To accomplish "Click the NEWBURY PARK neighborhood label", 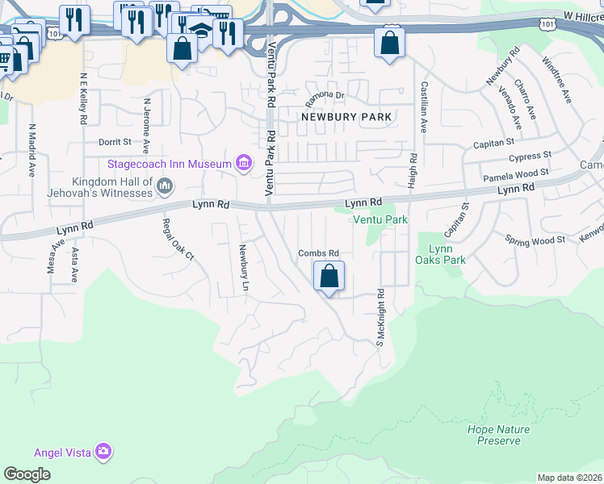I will coord(346,117).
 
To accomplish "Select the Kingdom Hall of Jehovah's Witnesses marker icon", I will coord(165,187).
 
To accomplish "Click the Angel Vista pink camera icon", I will coord(103,451).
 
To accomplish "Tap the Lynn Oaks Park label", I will coord(441,254).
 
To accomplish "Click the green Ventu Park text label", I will coord(379,219).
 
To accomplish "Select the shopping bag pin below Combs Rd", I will coord(329,277).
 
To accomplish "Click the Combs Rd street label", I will coord(318,252).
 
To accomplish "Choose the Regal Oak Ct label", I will coord(168,240).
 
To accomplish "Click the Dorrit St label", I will coord(114,141).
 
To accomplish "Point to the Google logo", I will coord(27,474).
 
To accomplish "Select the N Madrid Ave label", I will coord(32,150).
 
